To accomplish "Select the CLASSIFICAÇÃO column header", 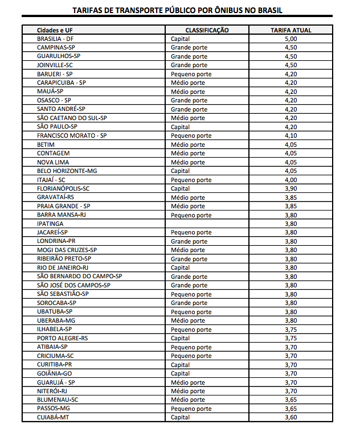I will [207, 30].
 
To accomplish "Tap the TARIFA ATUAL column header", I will [291, 30].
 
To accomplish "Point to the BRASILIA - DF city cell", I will [55, 39].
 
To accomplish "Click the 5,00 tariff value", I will [291, 39].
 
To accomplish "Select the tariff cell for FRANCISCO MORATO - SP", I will [291, 135].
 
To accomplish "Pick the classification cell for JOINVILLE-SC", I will [189, 65].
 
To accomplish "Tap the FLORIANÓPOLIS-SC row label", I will [63, 188].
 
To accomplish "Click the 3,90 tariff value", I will [291, 188].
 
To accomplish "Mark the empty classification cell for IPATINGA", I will [207, 224].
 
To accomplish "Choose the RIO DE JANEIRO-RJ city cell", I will [63, 267].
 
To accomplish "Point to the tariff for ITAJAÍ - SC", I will [291, 180].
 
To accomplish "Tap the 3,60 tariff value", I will [291, 417].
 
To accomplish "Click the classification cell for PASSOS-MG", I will [191, 409].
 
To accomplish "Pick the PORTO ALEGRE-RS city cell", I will [62, 338].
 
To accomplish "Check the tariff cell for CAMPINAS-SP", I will [291, 47].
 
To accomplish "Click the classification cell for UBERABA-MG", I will [188, 320].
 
